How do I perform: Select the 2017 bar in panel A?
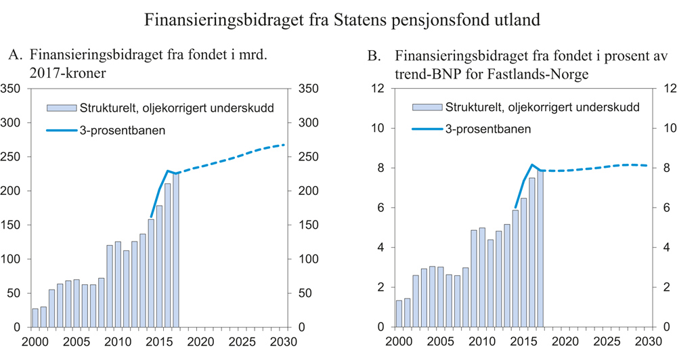175,250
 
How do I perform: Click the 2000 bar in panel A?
35,317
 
